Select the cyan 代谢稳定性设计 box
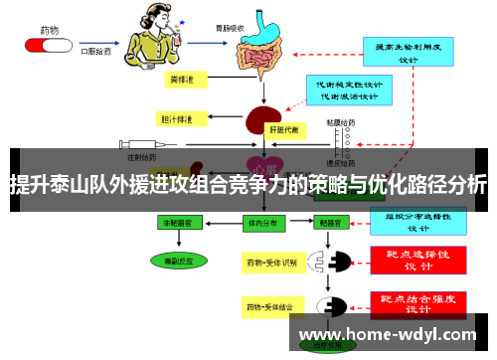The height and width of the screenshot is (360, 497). (x=345, y=90)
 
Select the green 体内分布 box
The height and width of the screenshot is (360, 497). (x=263, y=225)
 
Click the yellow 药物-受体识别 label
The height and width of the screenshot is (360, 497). (x=270, y=263)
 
